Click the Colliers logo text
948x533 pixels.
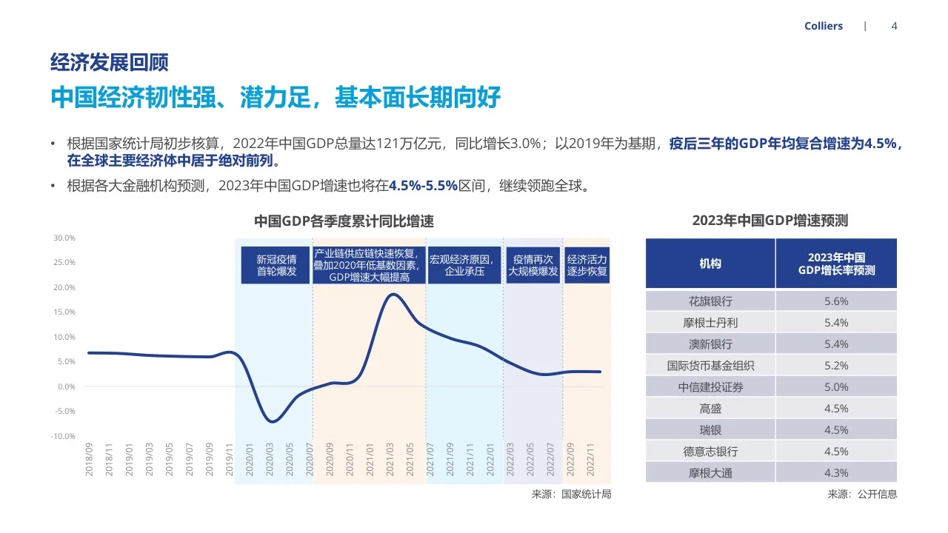(823, 26)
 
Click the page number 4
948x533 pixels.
(894, 26)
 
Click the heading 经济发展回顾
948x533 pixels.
(109, 62)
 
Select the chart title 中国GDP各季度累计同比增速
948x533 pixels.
(344, 221)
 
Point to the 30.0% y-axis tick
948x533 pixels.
(64, 238)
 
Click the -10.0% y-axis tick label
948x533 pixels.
(63, 436)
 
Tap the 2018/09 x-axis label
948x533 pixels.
(89, 460)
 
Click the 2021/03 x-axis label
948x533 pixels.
(390, 460)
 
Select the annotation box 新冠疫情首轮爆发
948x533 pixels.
(276, 266)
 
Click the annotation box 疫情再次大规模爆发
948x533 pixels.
(533, 266)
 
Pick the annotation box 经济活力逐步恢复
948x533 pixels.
(587, 266)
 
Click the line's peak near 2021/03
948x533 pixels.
(393, 295)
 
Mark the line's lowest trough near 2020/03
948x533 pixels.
(272, 421)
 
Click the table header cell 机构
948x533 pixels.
(710, 264)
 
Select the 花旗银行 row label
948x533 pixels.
(710, 301)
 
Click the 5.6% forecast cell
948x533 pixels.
(835, 301)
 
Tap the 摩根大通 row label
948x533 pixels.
(710, 472)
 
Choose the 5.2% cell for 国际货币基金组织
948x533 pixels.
(835, 366)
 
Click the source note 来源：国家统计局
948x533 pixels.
(571, 494)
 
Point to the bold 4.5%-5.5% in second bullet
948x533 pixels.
(423, 186)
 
